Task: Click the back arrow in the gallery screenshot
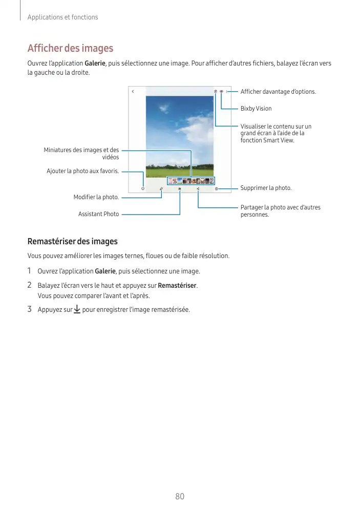(x=133, y=92)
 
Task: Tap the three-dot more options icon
(x=226, y=92)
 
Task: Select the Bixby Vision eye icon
(x=221, y=92)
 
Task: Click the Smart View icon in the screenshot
(x=216, y=92)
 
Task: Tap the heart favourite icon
(x=143, y=188)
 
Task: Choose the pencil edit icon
(x=161, y=188)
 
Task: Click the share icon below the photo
(x=198, y=188)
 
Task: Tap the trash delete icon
(x=216, y=188)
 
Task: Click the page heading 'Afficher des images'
(x=70, y=48)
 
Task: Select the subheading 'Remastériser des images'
(x=72, y=241)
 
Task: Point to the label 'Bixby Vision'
(x=256, y=109)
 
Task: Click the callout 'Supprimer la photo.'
(x=266, y=188)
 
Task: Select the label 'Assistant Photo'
(x=98, y=214)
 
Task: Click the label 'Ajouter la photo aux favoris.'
(x=82, y=171)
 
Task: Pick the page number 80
(x=180, y=497)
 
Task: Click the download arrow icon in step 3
(x=77, y=309)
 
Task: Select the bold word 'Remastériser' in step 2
(x=177, y=285)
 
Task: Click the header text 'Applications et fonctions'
(x=62, y=17)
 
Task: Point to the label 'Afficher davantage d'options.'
(x=278, y=92)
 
